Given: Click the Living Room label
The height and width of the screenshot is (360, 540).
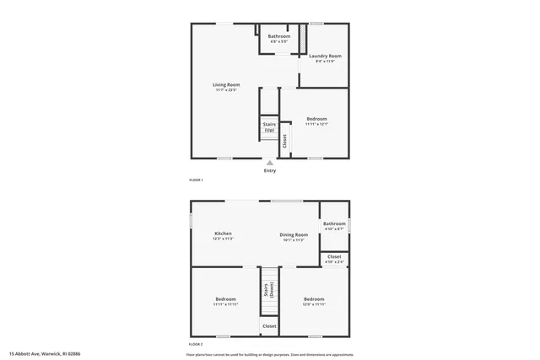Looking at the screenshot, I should [x=226, y=85].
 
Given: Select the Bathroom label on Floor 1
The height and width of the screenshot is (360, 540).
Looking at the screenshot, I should [x=279, y=36].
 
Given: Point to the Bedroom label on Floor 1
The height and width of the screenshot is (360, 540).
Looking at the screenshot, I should [x=316, y=119].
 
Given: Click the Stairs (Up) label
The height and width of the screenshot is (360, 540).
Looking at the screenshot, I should [x=269, y=127].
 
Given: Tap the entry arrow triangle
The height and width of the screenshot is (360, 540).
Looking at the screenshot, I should [x=270, y=163].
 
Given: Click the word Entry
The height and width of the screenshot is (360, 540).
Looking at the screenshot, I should [x=270, y=171].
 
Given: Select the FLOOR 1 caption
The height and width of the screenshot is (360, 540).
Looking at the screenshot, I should [x=196, y=180].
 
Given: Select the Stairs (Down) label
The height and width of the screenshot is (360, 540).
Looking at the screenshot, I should [x=268, y=291].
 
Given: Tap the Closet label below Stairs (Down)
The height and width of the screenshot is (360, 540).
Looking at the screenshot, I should [x=269, y=325].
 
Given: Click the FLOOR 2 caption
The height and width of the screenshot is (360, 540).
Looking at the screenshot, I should [x=196, y=345].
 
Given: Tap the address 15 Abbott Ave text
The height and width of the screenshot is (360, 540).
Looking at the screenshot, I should [x=45, y=354].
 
